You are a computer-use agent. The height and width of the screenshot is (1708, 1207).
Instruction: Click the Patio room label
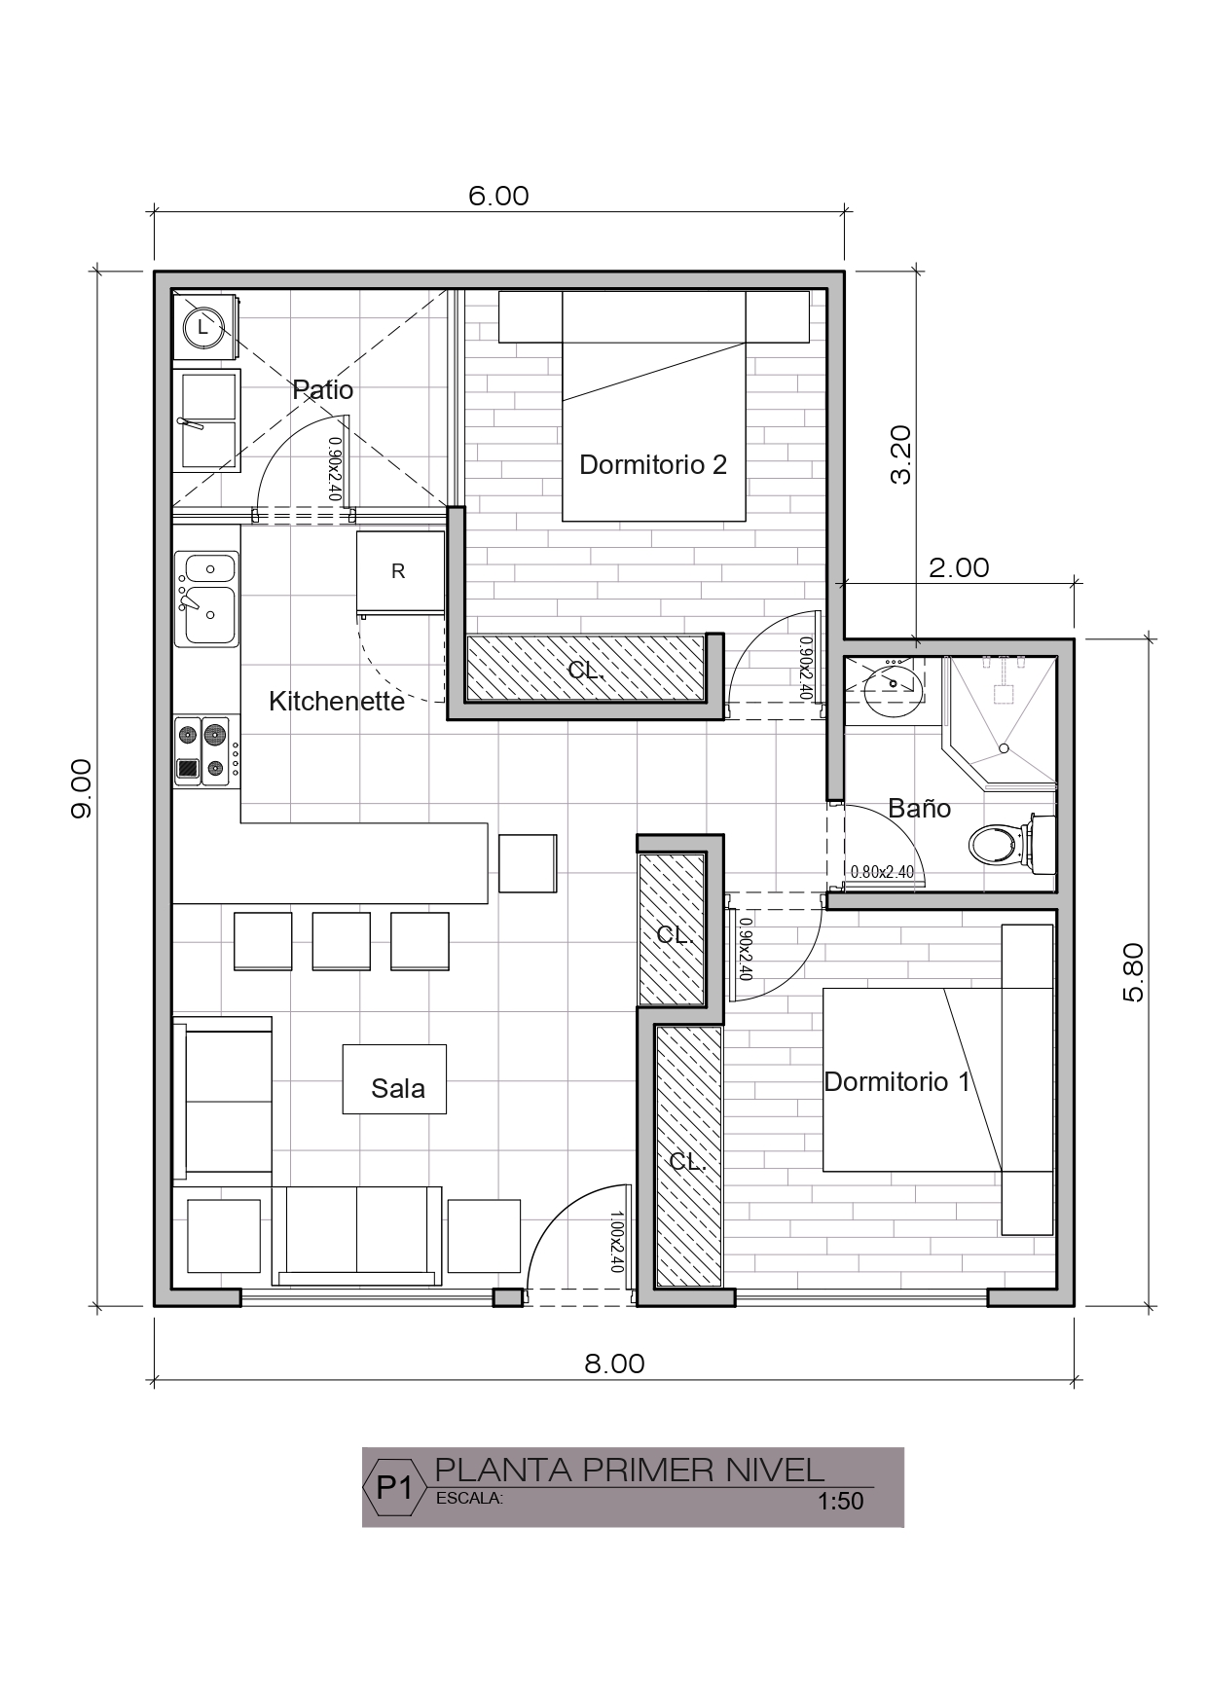pyautogui.click(x=323, y=390)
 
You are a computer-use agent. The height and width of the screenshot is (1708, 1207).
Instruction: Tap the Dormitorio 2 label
pyautogui.click(x=653, y=464)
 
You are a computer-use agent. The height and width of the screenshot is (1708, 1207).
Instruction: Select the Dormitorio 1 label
pyautogui.click(x=897, y=1081)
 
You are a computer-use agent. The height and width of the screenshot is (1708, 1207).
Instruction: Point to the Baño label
pyautogui.click(x=920, y=808)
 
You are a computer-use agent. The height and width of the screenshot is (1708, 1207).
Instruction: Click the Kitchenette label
pyautogui.click(x=337, y=701)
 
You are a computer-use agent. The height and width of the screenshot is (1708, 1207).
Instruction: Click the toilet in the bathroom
pyautogui.click(x=1011, y=843)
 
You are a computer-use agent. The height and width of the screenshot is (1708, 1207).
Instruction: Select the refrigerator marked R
pyautogui.click(x=400, y=573)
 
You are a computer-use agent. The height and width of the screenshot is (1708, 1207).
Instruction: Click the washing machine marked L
pyautogui.click(x=203, y=327)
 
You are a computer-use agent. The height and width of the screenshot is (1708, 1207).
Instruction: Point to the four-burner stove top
pyautogui.click(x=207, y=751)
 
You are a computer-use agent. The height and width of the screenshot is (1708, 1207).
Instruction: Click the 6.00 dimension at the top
pyautogui.click(x=498, y=196)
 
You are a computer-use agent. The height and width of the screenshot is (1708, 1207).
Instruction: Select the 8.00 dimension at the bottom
pyautogui.click(x=614, y=1363)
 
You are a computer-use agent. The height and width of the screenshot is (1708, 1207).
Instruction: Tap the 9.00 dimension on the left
pyautogui.click(x=81, y=788)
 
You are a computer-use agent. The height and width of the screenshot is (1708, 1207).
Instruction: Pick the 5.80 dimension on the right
pyautogui.click(x=1133, y=972)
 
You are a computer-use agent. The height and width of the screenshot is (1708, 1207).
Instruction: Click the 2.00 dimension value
pyautogui.click(x=959, y=567)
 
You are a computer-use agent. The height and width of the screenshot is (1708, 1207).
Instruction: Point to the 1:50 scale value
pyautogui.click(x=841, y=1501)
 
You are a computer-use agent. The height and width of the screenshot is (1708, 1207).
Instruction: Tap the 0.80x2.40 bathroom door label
pyautogui.click(x=882, y=872)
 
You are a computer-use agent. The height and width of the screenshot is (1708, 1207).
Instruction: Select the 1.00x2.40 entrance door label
pyautogui.click(x=615, y=1242)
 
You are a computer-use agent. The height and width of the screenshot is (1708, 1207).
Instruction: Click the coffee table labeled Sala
pyautogui.click(x=394, y=1079)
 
